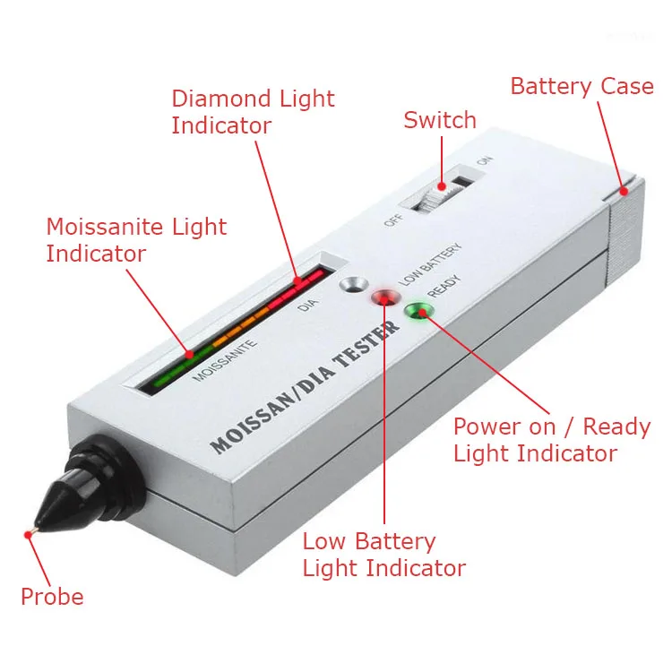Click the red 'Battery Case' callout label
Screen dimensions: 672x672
pyautogui.click(x=582, y=87)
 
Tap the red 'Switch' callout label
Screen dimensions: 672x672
pyautogui.click(x=439, y=120)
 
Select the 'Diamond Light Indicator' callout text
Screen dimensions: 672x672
pyautogui.click(x=253, y=112)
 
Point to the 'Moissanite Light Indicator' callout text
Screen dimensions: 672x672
pyautogui.click(x=136, y=240)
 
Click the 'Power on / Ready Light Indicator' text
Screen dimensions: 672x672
pyautogui.click(x=551, y=439)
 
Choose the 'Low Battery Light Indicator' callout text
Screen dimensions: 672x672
pyautogui.click(x=383, y=555)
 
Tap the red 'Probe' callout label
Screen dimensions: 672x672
pyautogui.click(x=52, y=597)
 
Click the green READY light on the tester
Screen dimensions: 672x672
pyautogui.click(x=418, y=312)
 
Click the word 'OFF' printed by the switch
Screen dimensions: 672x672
pyautogui.click(x=392, y=219)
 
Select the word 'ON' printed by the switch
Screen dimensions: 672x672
pyautogui.click(x=485, y=162)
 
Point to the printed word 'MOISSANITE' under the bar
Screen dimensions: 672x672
pyautogui.click(x=225, y=358)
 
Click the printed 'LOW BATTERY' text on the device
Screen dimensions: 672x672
pyautogui.click(x=429, y=263)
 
